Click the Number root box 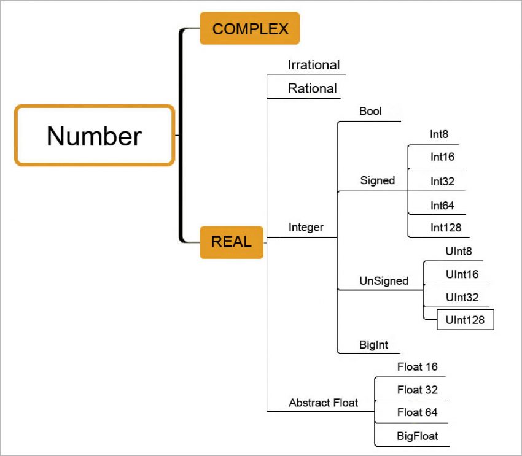click(95, 136)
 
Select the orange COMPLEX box click(250, 28)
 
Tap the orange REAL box click(232, 242)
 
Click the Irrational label click(313, 64)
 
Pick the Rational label click(312, 88)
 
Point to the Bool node click(370, 111)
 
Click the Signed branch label click(377, 180)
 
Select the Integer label click(306, 228)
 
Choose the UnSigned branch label click(383, 280)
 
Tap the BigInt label click(373, 344)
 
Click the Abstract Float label click(323, 403)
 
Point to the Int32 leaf click(442, 181)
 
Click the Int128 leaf click(445, 228)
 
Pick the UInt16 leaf click(462, 274)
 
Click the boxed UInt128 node click(465, 320)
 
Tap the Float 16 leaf click(417, 367)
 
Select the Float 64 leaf click(417, 412)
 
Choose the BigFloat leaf click(417, 437)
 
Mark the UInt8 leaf click(459, 251)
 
